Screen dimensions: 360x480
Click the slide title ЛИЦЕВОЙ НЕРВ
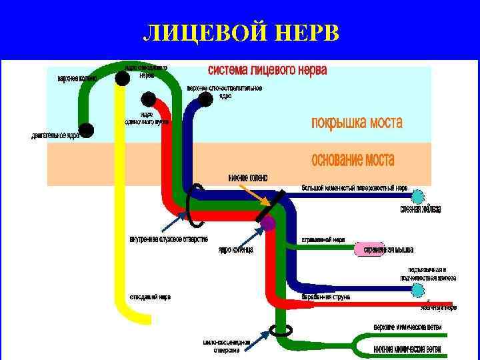(242, 33)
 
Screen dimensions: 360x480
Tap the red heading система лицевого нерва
(267, 70)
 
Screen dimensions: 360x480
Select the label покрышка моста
(357, 123)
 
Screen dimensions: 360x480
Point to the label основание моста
(353, 161)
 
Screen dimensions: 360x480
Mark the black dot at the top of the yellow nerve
(121, 79)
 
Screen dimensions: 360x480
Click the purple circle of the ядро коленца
(268, 223)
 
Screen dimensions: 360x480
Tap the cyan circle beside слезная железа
(418, 196)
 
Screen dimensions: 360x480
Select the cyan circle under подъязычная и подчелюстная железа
(418, 290)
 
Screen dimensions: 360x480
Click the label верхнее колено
(77, 78)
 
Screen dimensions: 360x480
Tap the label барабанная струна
(326, 297)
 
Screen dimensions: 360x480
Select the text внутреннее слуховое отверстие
(168, 239)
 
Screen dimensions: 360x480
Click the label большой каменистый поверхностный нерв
(354, 188)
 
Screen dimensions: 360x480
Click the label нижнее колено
(247, 177)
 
